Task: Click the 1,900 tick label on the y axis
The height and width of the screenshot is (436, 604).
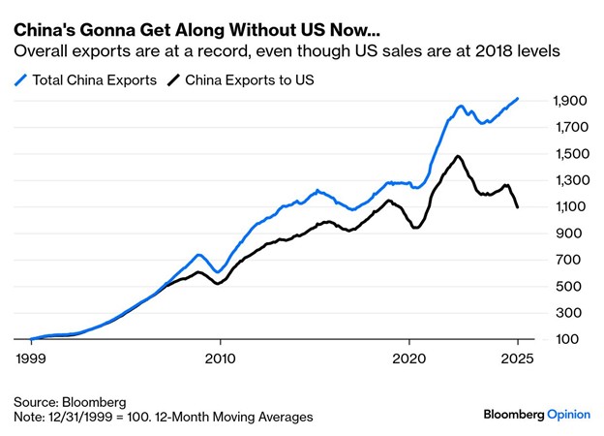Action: click(569, 101)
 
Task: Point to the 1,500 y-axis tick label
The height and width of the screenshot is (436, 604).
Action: click(569, 154)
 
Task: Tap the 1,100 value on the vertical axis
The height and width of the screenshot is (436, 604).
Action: click(569, 207)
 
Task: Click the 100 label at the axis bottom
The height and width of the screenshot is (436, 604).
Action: click(573, 340)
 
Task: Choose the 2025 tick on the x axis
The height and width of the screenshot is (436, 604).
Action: click(517, 357)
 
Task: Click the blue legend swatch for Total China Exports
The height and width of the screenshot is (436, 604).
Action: click(20, 79)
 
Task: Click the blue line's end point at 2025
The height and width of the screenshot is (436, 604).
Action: click(518, 99)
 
